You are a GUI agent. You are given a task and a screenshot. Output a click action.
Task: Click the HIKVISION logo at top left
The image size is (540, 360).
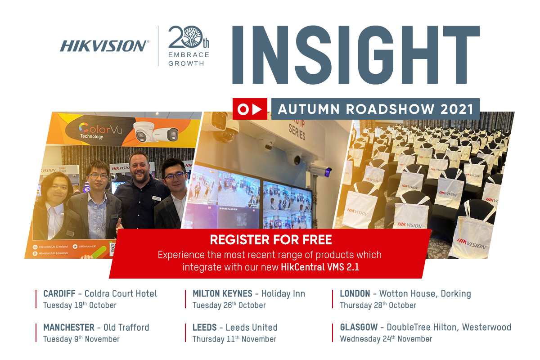[103, 46]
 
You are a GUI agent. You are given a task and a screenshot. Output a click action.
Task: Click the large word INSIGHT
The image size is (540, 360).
[355, 54]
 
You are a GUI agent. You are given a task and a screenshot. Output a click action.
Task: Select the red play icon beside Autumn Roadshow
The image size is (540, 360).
[250, 109]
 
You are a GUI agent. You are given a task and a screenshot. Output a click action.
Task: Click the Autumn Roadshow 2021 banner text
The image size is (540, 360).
[375, 109]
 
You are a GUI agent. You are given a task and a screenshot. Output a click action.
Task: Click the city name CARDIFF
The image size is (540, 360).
[59, 294]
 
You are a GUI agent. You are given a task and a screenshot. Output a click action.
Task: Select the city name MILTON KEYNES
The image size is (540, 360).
[222, 294]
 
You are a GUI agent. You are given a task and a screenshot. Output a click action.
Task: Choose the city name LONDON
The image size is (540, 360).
[355, 294]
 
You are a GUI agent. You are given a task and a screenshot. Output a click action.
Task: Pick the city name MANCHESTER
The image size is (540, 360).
[69, 327]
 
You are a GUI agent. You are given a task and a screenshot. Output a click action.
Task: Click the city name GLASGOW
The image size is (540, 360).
[359, 327]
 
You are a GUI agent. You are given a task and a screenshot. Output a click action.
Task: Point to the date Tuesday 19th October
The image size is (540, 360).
[80, 306]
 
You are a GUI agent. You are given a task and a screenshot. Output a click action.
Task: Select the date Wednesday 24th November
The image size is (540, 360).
[386, 339]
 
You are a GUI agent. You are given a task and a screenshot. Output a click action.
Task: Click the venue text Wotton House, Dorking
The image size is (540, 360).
[425, 294]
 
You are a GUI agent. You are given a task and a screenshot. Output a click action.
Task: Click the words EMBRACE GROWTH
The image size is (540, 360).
[189, 59]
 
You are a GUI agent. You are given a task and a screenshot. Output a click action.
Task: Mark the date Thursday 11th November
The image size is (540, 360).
[234, 339]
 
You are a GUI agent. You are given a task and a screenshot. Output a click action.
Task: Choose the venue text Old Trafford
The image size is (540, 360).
[126, 327]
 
